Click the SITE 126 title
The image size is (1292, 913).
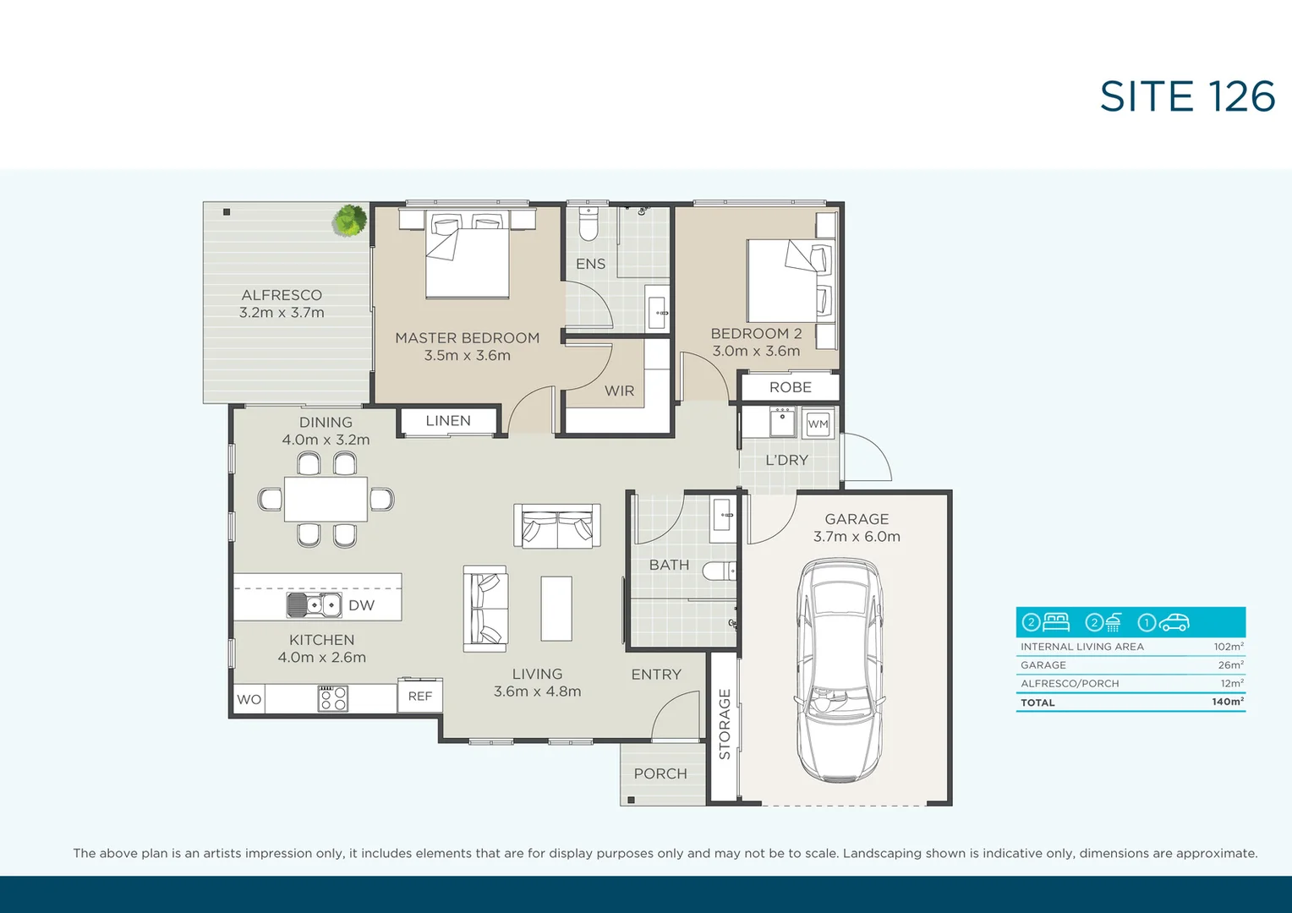[1187, 97]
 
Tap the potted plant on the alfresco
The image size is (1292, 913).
[349, 221]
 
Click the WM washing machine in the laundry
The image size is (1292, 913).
[818, 424]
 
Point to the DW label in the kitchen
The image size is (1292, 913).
[361, 605]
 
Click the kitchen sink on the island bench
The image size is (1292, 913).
[313, 605]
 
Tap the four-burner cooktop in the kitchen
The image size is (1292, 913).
[333, 698]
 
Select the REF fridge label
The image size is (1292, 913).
[420, 696]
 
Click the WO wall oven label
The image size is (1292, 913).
[249, 699]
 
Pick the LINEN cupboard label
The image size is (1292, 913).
[448, 420]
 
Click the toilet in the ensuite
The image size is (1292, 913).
[589, 224]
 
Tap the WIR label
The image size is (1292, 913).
[619, 391]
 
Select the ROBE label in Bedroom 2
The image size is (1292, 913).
[791, 387]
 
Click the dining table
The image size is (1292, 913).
[326, 499]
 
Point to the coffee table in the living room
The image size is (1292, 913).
[556, 609]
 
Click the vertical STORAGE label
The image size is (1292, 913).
[725, 724]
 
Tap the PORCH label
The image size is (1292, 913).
[660, 774]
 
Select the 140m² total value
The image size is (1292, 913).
[1227, 702]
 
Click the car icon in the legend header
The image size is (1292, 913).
[1174, 623]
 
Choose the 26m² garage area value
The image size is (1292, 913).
[1230, 665]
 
